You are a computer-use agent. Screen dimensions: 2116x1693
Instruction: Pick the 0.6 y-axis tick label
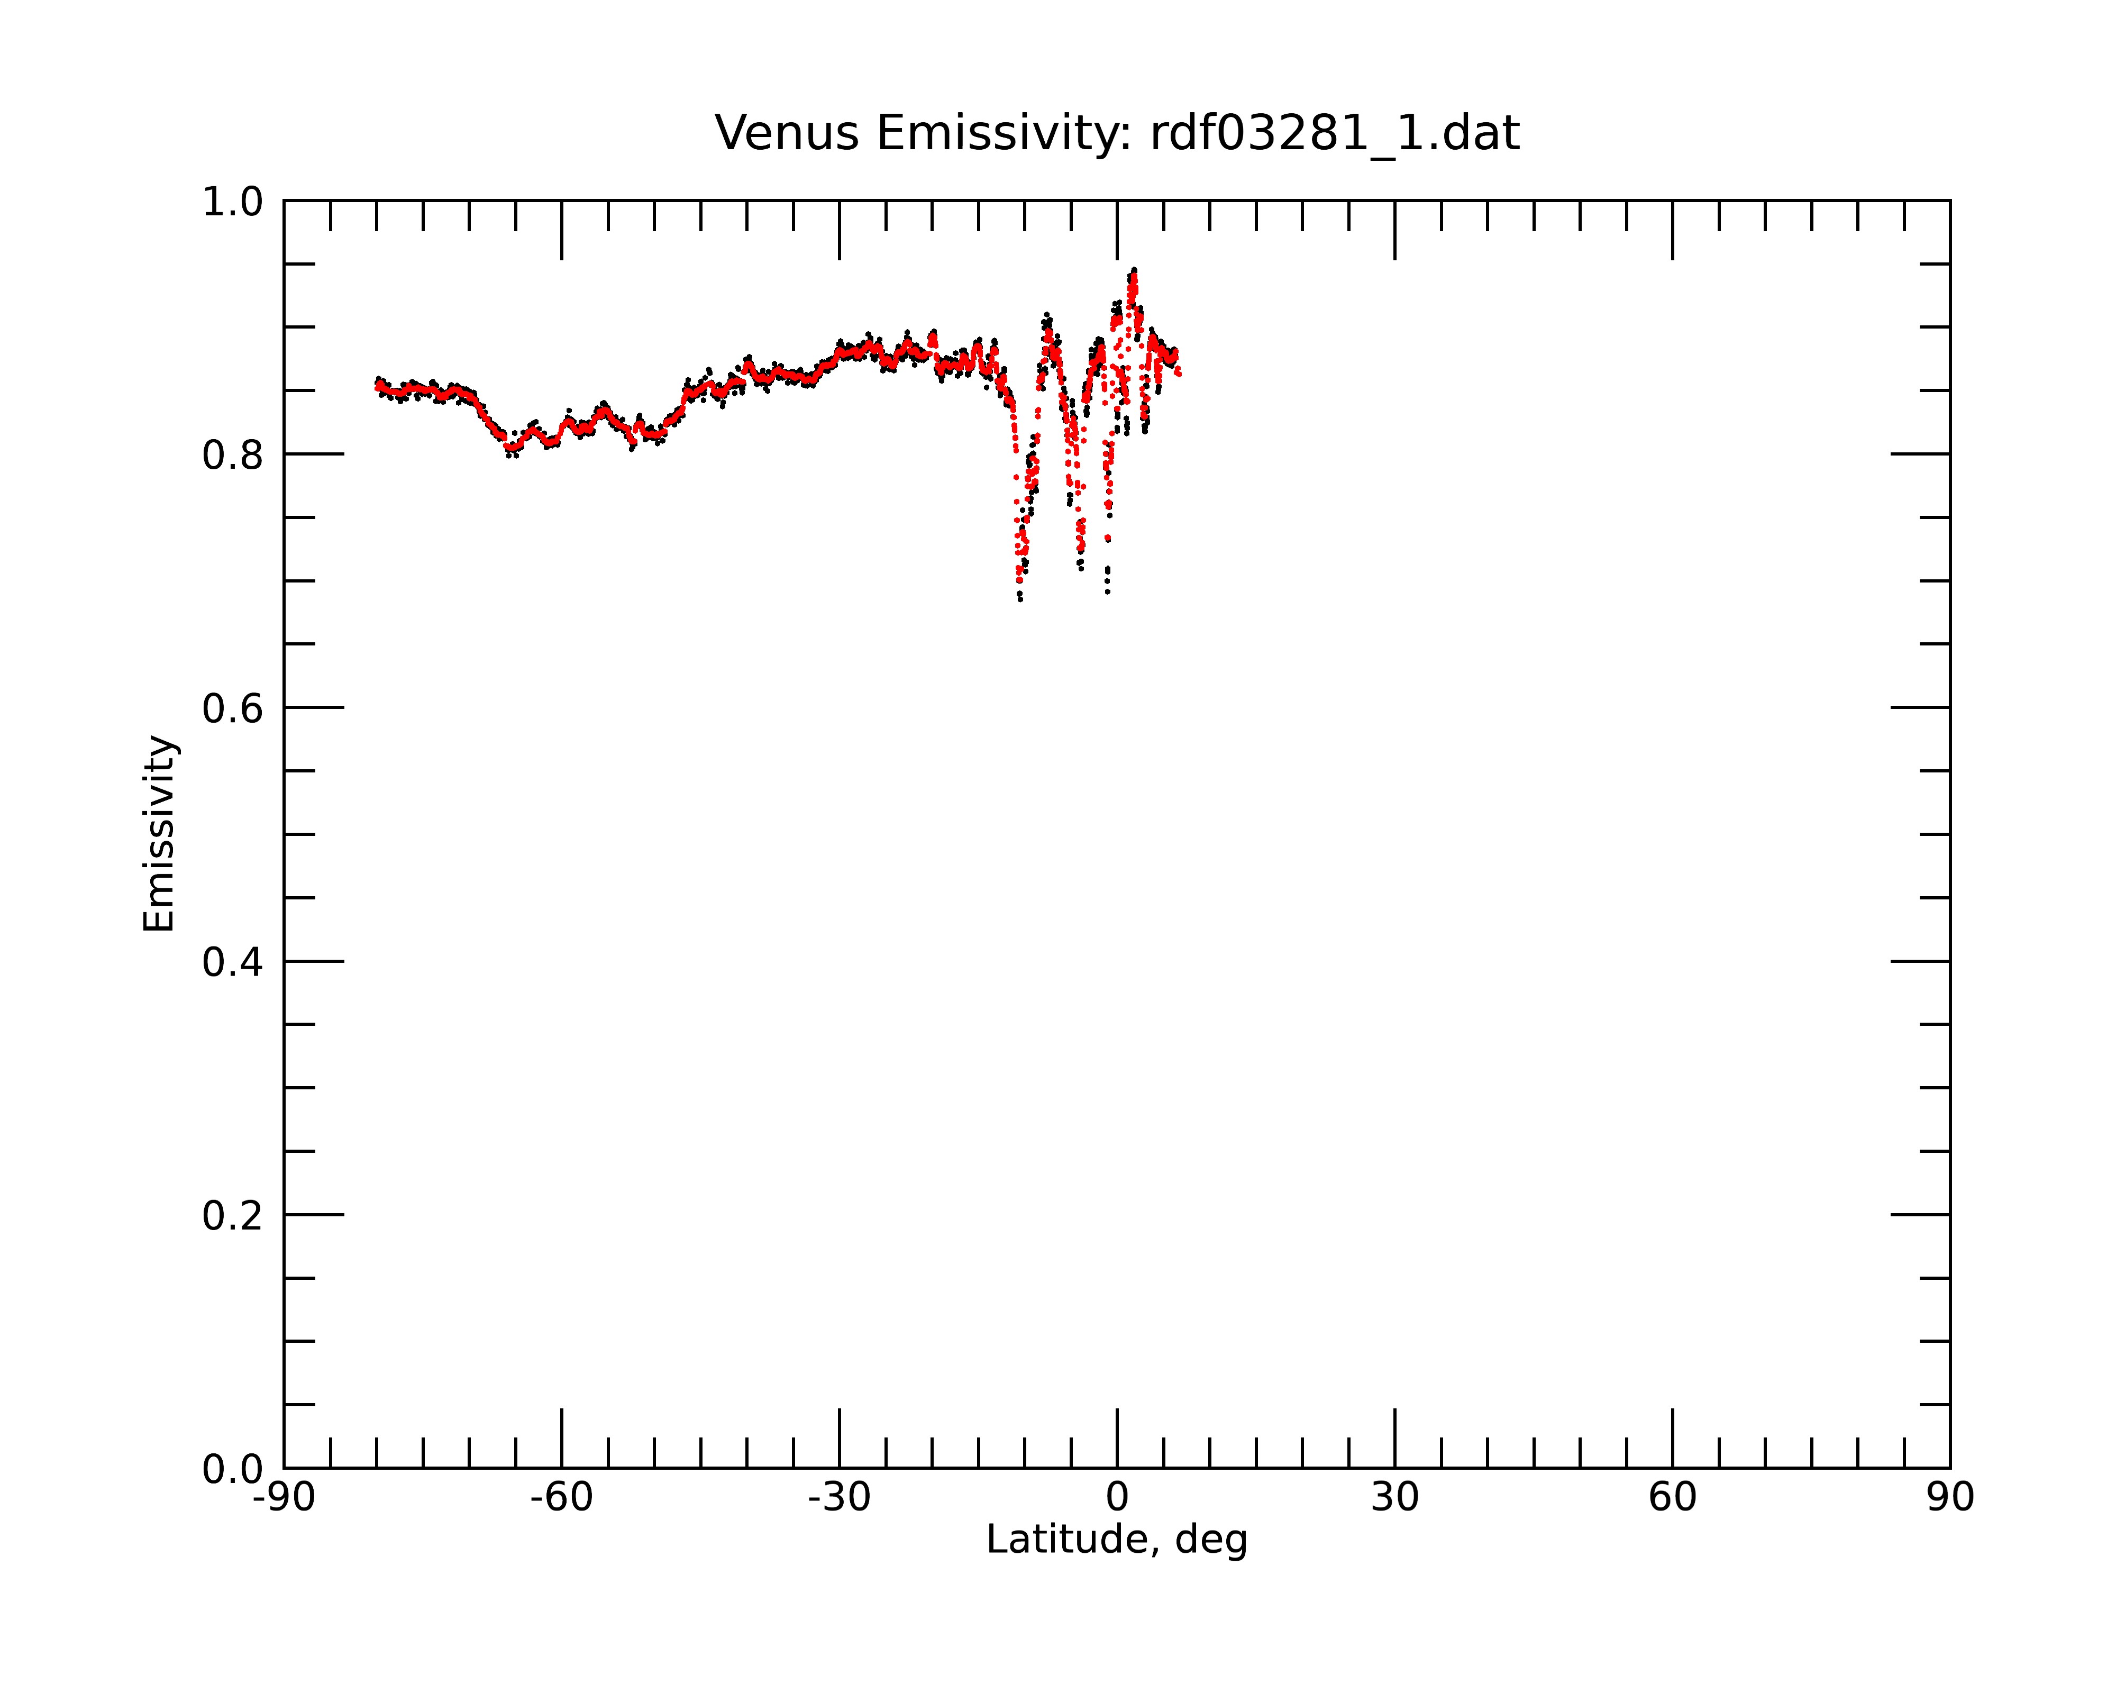click(233, 708)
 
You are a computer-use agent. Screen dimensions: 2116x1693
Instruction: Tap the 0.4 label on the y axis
click(233, 962)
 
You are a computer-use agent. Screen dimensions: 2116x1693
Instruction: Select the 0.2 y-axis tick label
click(233, 1215)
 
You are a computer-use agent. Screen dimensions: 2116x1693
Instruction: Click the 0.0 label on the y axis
click(233, 1469)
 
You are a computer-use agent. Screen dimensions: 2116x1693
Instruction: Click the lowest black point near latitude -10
click(1020, 599)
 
